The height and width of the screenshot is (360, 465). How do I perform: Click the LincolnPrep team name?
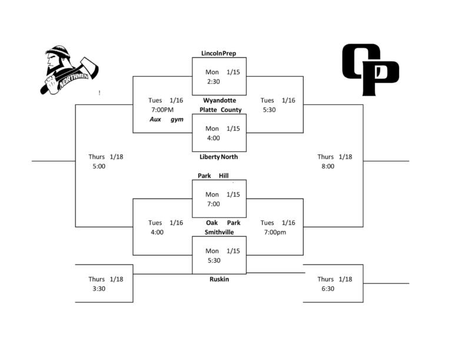click(218, 54)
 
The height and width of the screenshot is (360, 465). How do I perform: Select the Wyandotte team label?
click(220, 100)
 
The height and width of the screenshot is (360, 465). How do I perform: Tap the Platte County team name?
click(220, 110)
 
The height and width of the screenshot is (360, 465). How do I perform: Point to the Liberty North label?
click(218, 157)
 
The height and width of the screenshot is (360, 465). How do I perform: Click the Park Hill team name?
click(213, 176)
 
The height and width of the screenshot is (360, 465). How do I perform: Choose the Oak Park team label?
click(223, 223)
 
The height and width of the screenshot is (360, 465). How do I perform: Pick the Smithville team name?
click(219, 232)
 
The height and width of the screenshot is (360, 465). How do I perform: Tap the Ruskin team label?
click(219, 279)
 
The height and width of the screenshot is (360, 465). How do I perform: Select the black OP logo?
click(370, 70)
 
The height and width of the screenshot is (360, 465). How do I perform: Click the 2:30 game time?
click(213, 81)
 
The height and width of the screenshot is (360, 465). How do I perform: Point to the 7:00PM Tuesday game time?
click(162, 110)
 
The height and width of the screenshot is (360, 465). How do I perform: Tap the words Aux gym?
click(167, 120)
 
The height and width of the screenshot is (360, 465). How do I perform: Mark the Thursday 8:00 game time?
click(327, 166)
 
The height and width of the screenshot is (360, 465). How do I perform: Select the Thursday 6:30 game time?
click(327, 289)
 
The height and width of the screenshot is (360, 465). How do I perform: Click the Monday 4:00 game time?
click(213, 138)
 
